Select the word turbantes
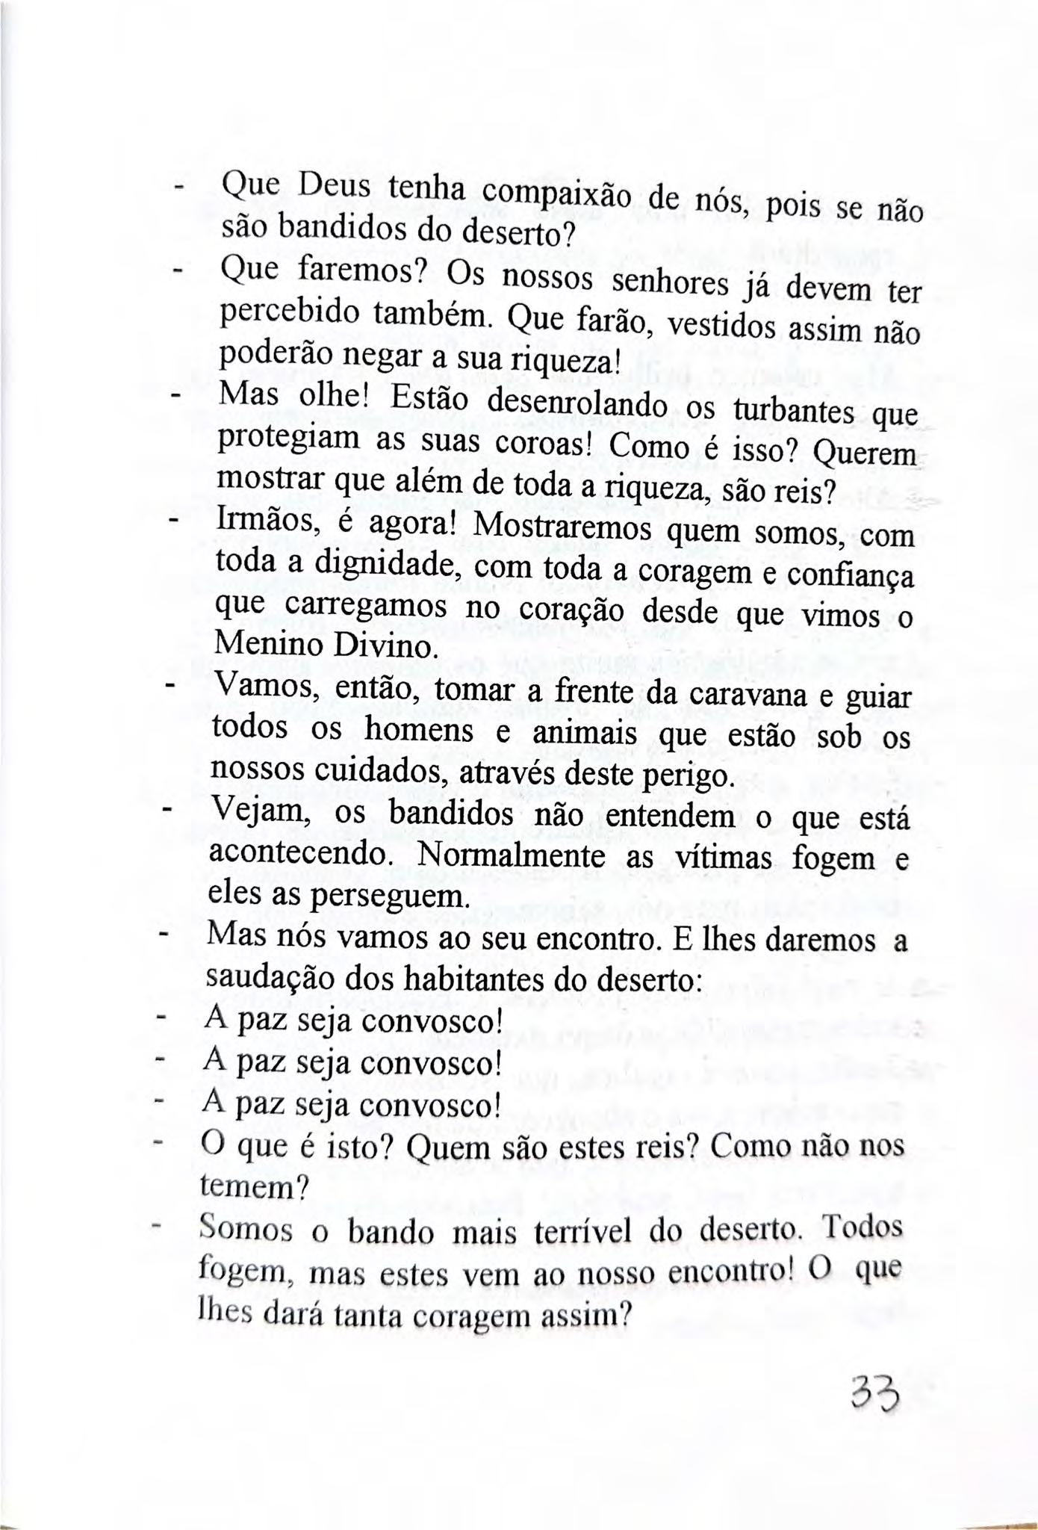pyautogui.click(x=792, y=409)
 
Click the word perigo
pyautogui.click(x=684, y=775)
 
